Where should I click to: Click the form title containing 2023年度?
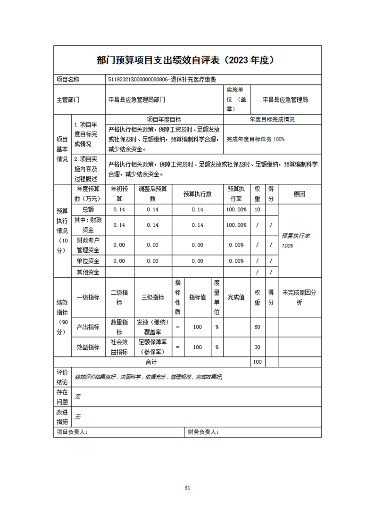187,60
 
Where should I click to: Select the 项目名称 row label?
68,80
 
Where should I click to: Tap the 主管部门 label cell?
68,100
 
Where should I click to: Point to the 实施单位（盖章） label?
236,99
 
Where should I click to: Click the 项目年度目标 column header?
164,119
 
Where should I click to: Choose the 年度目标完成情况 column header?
272,119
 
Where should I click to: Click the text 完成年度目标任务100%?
256,139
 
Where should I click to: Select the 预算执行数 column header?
197,194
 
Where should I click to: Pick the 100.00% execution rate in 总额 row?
236,210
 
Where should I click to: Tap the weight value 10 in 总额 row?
257,210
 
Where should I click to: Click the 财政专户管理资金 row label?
88,245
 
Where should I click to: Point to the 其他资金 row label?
88,272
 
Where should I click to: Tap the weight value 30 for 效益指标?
257,347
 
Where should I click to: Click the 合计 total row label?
150,362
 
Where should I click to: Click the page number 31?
187,488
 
